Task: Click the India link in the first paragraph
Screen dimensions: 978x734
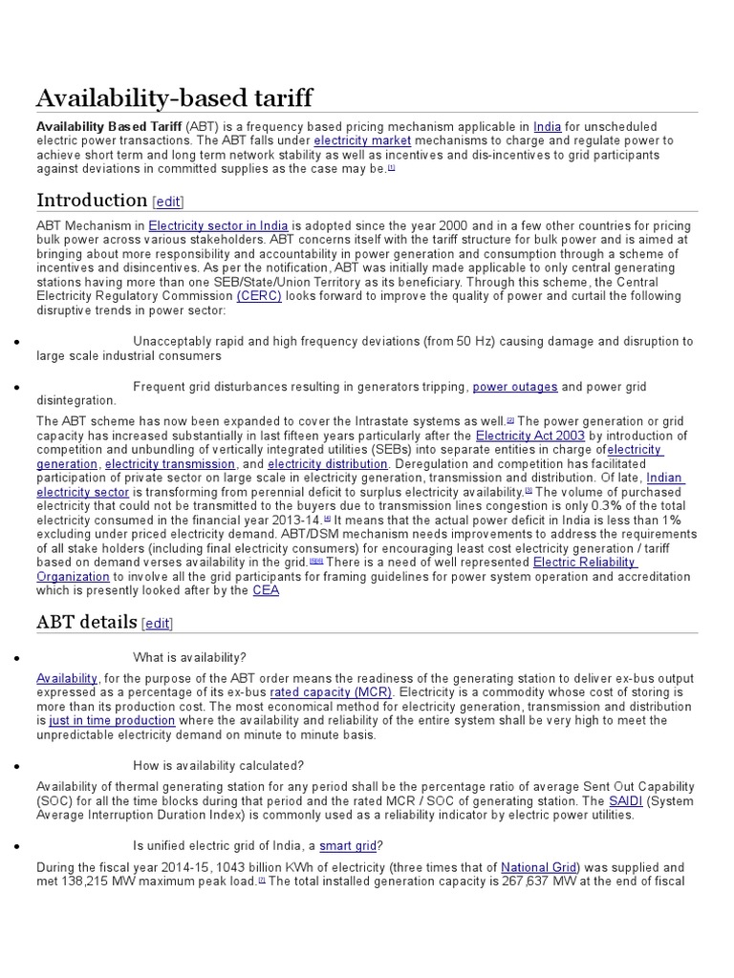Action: pyautogui.click(x=547, y=126)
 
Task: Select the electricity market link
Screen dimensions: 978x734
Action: pyautogui.click(x=356, y=140)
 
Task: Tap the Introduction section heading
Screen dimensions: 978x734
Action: pyautogui.click(x=92, y=201)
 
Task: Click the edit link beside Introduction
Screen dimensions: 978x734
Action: pyautogui.click(x=167, y=202)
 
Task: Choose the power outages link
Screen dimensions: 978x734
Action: pyautogui.click(x=515, y=387)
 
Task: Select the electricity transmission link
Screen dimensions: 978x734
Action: pyautogui.click(x=170, y=463)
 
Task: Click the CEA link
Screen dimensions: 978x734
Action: pyautogui.click(x=266, y=590)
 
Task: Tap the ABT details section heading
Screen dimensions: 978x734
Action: pyautogui.click(x=87, y=623)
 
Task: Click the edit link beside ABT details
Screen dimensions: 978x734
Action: pyautogui.click(x=158, y=624)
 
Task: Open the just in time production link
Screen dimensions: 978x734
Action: pyautogui.click(x=112, y=720)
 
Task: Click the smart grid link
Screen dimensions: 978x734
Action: pyautogui.click(x=348, y=846)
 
